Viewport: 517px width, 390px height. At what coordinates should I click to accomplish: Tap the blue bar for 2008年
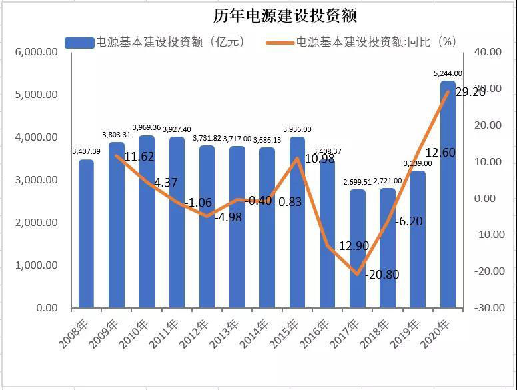point(86,233)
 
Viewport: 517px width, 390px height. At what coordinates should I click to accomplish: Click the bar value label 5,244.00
point(448,74)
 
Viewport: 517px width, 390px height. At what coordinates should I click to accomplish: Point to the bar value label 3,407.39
point(86,152)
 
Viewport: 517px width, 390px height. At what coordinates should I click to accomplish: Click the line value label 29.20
point(470,93)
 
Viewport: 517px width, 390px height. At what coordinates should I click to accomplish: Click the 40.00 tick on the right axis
point(488,52)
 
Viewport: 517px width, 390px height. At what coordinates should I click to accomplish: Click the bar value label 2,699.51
point(358,182)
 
